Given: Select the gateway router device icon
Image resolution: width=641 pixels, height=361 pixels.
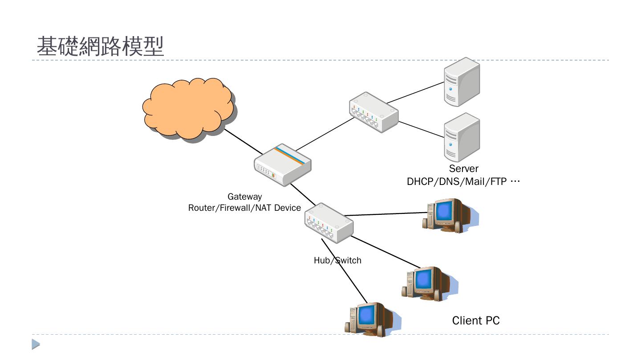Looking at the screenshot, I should (282, 165).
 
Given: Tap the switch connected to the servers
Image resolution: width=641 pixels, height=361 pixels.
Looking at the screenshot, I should (373, 112).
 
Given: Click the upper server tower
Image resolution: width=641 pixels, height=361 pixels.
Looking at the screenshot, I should (462, 82).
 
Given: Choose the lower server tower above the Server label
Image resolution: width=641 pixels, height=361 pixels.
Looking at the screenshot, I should (462, 137).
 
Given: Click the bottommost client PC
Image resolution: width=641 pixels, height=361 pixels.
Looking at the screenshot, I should (369, 319).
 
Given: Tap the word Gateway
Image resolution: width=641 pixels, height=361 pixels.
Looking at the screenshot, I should (244, 197).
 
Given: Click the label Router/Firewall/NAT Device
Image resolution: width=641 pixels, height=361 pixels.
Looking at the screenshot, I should (244, 208).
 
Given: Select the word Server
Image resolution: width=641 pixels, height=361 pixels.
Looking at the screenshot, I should (463, 168).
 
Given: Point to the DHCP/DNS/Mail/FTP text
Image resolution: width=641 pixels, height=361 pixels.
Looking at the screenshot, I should (463, 182).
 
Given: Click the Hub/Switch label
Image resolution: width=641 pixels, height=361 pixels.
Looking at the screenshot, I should (337, 260).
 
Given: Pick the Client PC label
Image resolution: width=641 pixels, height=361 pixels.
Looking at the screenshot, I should (475, 320).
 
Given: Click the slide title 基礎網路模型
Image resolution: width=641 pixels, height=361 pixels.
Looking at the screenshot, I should (100, 46).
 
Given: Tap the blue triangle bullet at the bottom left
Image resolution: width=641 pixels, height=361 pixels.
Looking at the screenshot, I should (36, 344).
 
